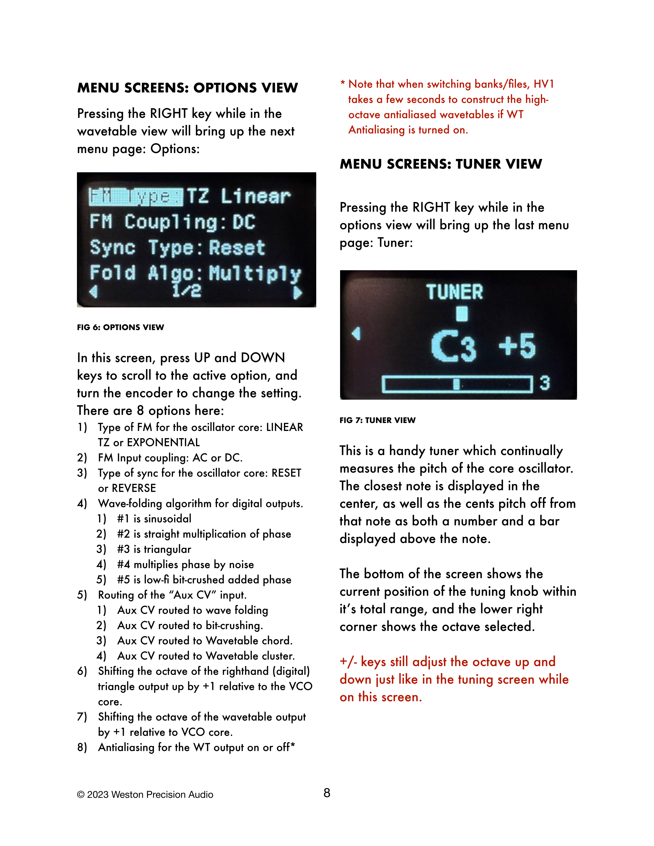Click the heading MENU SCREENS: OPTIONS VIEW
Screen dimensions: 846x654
tap(187, 88)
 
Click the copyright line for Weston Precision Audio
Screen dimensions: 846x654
tap(145, 794)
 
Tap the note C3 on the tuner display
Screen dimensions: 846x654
tap(453, 346)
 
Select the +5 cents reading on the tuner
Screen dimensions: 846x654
tap(517, 346)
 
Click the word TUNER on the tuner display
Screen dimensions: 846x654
tap(454, 292)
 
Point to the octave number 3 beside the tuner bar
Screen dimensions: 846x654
tap(545, 383)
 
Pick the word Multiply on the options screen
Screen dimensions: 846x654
tap(255, 274)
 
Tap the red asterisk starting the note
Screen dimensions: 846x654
tap(342, 83)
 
